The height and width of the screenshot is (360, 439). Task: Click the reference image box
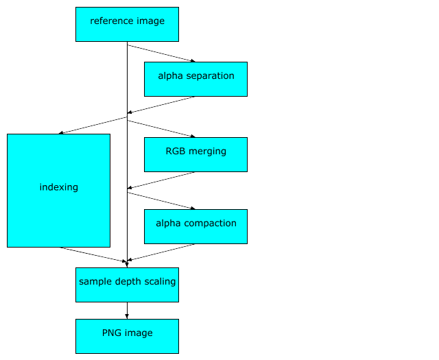(x=127, y=25)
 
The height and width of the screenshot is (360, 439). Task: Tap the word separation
(x=209, y=76)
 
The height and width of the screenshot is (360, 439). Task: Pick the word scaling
(x=161, y=282)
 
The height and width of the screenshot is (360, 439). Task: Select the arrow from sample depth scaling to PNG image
(x=127, y=310)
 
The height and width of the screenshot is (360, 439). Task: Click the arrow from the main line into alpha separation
(x=161, y=53)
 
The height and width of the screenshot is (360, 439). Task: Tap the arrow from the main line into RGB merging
(x=161, y=129)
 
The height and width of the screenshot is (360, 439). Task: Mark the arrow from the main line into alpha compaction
(x=161, y=200)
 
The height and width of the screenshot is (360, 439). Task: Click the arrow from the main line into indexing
(x=93, y=125)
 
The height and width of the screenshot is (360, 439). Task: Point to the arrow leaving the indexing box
(x=93, y=254)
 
